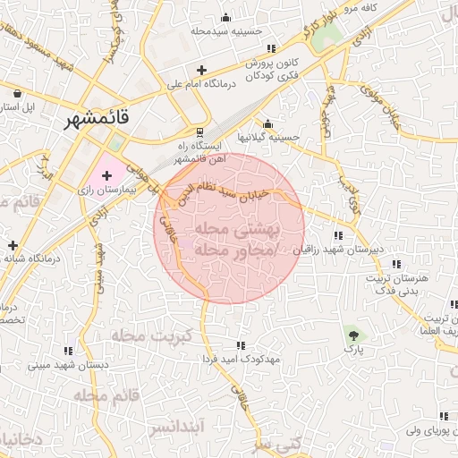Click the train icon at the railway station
click(x=187, y=131)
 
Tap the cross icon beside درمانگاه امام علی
click(x=202, y=70)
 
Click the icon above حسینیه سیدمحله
click(x=225, y=17)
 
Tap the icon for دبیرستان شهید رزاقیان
click(x=336, y=235)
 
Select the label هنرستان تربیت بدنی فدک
click(x=396, y=284)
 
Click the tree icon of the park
click(x=356, y=335)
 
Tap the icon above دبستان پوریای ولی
click(x=443, y=416)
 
